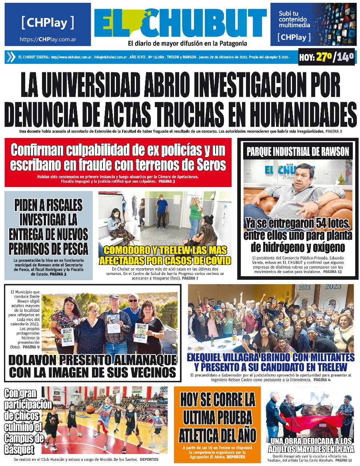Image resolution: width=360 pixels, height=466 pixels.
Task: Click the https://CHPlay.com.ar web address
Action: pos(48,40)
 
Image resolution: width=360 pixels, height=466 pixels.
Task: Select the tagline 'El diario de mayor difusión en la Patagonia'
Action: pos(187,44)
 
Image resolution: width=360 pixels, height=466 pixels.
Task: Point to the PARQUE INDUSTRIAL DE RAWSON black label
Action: pos(298,152)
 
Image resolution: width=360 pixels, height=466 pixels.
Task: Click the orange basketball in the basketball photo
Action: pos(91,408)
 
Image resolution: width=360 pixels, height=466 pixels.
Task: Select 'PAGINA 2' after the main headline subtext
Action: pos(334,131)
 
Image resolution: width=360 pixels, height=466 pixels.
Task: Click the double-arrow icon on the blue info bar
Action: pos(11,57)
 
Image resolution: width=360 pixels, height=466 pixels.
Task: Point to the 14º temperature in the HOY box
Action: pos(345,58)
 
